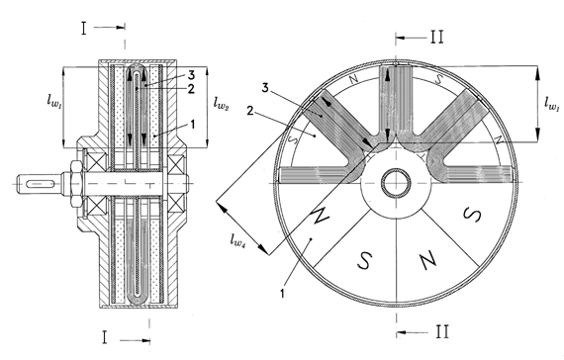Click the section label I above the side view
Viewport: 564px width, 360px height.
pyautogui.click(x=84, y=28)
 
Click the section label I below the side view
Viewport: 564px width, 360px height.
pyautogui.click(x=105, y=337)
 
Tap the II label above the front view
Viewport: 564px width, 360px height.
pyautogui.click(x=437, y=37)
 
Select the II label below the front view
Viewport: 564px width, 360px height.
pyautogui.click(x=442, y=331)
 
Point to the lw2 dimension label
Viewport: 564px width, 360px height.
pyautogui.click(x=221, y=103)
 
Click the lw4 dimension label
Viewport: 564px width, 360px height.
pyautogui.click(x=238, y=239)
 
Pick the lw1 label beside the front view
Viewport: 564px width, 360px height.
pyautogui.click(x=552, y=103)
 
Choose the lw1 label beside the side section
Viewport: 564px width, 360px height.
pyautogui.click(x=54, y=100)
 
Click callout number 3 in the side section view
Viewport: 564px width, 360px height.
pyautogui.click(x=191, y=75)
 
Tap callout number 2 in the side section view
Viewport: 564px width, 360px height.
pyautogui.click(x=191, y=88)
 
